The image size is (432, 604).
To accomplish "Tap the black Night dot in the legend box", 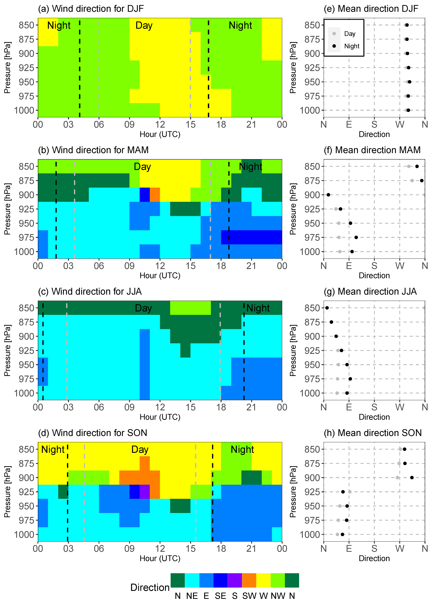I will pos(334,46).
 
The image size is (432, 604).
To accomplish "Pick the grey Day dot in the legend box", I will pos(334,34).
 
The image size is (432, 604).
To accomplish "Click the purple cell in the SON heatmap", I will pos(145,492).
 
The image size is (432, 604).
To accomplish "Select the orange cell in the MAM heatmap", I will pos(155,195).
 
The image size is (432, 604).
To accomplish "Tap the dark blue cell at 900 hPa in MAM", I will pos(145,195).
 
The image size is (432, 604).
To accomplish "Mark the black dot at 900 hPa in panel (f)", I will pos(328,195).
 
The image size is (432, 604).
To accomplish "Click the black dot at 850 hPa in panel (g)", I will pos(327,308).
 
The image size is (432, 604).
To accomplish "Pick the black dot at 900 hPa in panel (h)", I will pos(412,477).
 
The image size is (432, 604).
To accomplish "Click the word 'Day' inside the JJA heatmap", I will pos(143,308).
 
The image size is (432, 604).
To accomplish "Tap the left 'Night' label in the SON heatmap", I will pos(53,450).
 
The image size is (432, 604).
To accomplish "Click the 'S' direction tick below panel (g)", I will pos(374,407).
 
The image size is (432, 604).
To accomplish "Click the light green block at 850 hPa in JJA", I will pos(190,308).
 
